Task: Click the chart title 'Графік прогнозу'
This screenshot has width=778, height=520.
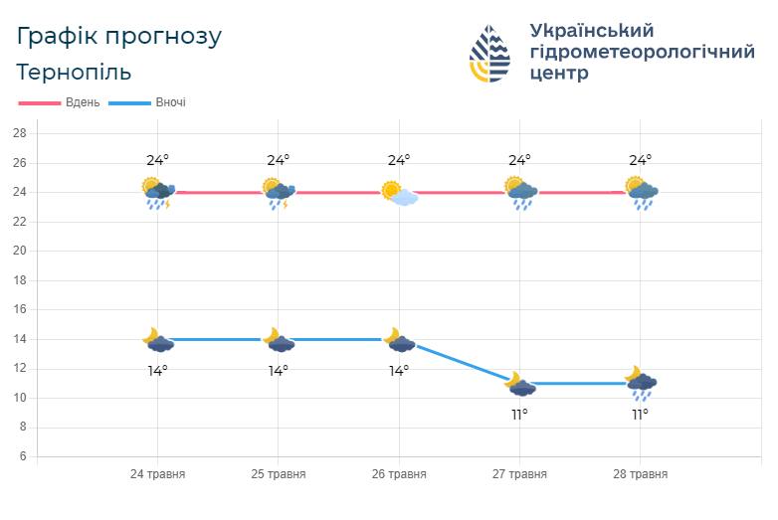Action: (119, 37)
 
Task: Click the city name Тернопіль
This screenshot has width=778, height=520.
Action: (74, 73)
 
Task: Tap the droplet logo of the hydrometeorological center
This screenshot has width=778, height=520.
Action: (489, 54)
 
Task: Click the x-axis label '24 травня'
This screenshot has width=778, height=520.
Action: (157, 474)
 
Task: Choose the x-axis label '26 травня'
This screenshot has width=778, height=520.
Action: (399, 474)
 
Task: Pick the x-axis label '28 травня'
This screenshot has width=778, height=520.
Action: (640, 474)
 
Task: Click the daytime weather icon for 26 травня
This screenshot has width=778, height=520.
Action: (399, 192)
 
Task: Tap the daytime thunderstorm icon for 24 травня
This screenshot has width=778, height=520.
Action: (157, 192)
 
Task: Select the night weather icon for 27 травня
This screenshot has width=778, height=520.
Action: (519, 383)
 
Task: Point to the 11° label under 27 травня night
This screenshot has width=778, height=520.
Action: (519, 415)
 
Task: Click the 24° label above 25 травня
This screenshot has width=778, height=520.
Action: (278, 160)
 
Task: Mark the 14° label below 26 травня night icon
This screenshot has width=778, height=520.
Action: (399, 371)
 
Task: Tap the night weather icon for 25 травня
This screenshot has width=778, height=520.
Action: (278, 340)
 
